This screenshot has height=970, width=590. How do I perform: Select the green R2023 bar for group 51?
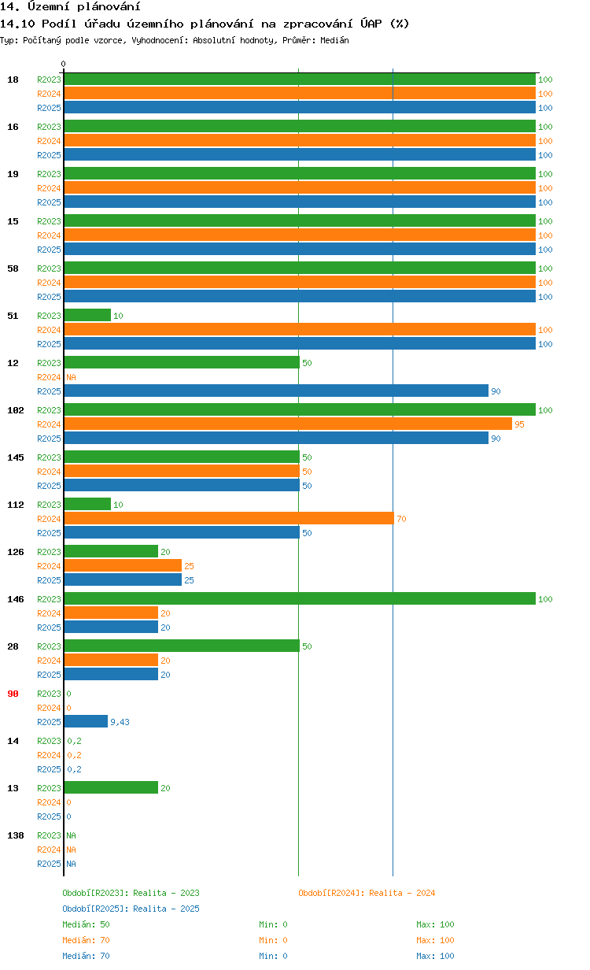(x=87, y=315)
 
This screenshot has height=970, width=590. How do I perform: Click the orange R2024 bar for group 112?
(x=228, y=518)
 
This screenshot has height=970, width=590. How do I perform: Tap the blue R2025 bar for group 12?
(x=275, y=391)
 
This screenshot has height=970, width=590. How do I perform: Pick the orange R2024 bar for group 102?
(x=287, y=424)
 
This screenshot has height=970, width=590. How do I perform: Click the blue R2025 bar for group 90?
(x=86, y=721)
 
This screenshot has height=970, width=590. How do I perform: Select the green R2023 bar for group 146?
(x=299, y=598)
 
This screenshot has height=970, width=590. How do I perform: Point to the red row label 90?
(x=13, y=694)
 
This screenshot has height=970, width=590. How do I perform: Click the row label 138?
(x=15, y=835)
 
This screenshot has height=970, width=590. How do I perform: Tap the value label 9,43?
(x=120, y=722)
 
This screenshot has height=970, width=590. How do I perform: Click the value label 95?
(x=519, y=424)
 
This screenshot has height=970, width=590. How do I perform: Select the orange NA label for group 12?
(x=71, y=377)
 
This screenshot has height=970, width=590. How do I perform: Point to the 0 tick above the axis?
(x=64, y=65)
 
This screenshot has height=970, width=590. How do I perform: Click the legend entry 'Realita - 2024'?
(x=367, y=893)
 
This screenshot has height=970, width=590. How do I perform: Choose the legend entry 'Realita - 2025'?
(x=131, y=909)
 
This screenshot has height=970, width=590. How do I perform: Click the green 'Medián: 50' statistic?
(x=86, y=924)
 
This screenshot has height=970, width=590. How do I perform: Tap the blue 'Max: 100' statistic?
(x=435, y=956)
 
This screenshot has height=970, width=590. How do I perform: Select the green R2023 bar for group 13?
(x=111, y=787)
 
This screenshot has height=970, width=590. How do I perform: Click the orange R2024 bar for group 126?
(x=123, y=565)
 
